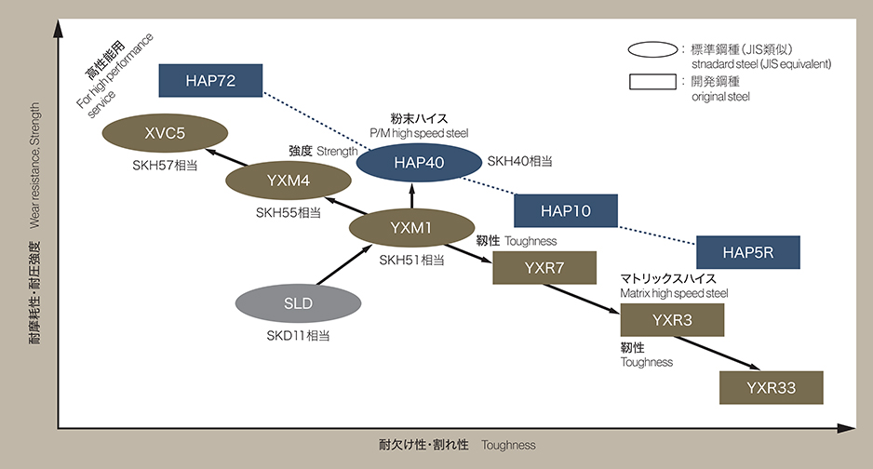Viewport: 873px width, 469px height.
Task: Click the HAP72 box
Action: (x=210, y=81)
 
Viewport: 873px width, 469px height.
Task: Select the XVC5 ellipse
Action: (x=165, y=133)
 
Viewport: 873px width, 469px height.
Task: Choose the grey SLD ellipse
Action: (x=298, y=303)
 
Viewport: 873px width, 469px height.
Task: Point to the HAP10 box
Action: (x=566, y=212)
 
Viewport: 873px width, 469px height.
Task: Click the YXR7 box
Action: (x=544, y=268)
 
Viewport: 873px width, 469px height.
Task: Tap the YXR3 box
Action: (x=672, y=320)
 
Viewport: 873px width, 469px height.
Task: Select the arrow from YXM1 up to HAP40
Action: (x=411, y=194)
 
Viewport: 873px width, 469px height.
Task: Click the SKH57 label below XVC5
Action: (x=165, y=165)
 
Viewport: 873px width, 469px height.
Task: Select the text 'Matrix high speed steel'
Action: (x=674, y=293)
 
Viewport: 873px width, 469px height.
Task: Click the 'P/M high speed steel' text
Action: (x=418, y=133)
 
